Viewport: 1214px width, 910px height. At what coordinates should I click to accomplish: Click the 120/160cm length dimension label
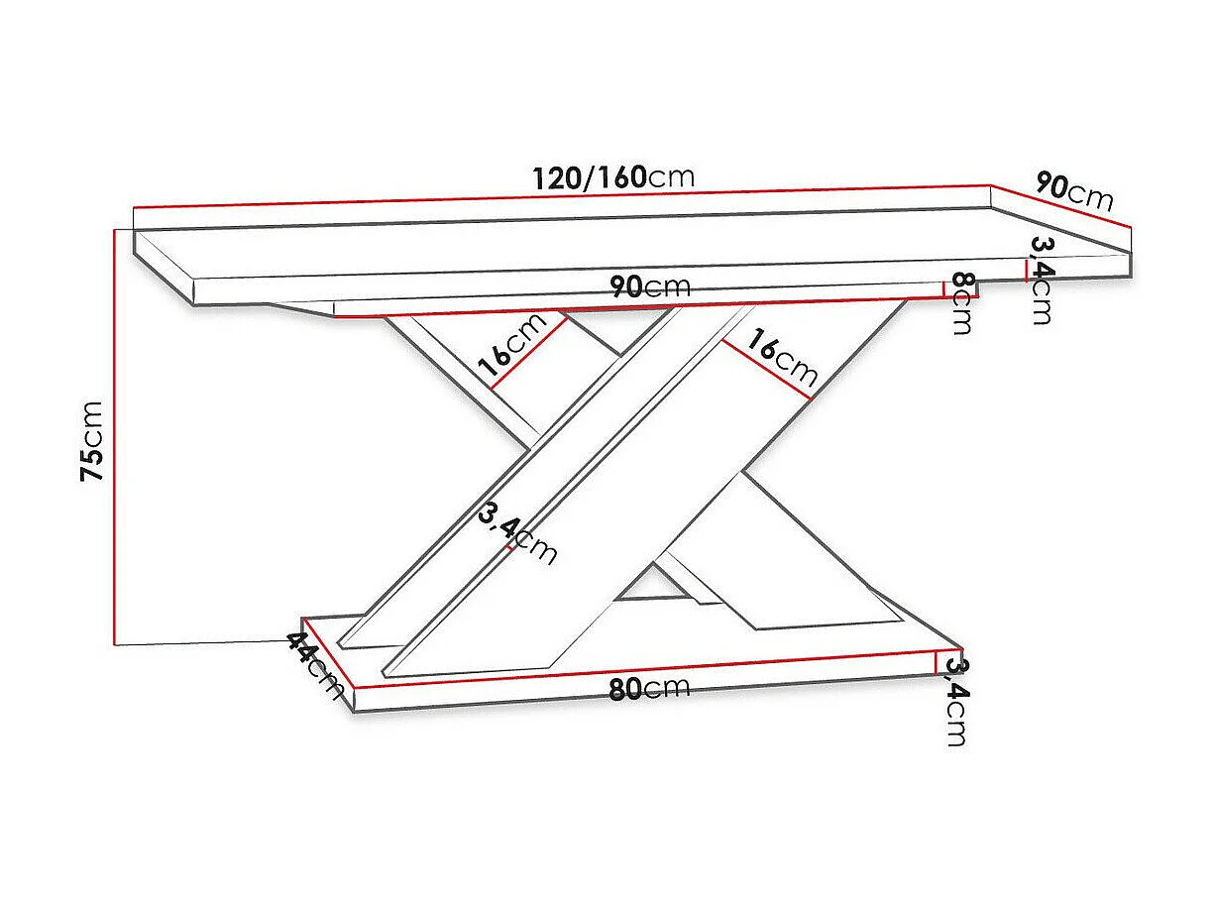613,177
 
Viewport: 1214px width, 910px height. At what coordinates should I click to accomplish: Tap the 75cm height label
92,441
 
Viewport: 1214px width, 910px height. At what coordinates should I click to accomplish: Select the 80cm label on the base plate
649,688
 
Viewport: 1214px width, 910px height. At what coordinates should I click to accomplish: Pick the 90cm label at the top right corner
1074,190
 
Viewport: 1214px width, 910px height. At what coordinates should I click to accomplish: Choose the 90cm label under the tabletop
650,287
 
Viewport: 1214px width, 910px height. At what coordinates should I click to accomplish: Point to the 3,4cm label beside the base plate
955,700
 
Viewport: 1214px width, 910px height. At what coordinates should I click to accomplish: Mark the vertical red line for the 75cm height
116,436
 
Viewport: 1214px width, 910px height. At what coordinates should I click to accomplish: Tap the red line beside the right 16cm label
766,370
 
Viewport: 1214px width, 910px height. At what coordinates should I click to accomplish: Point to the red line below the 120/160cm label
562,196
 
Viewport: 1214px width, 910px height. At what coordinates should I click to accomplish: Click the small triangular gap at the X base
651,585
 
